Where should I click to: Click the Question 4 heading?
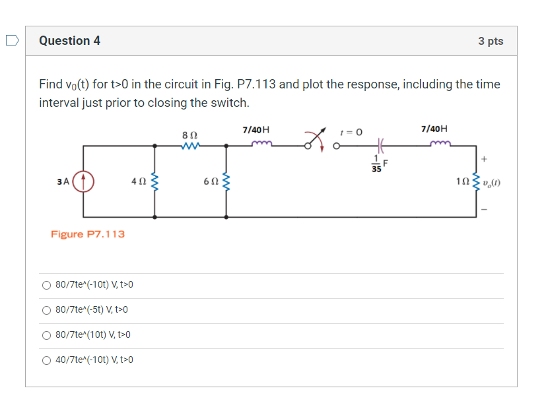(x=69, y=41)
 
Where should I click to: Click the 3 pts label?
(x=491, y=41)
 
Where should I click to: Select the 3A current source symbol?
(x=83, y=181)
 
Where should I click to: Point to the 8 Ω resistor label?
(x=190, y=135)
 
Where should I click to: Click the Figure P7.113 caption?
(x=88, y=234)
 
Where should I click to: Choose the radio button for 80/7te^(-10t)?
(x=46, y=285)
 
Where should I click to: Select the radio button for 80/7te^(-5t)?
(x=46, y=310)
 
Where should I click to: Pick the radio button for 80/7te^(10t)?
(x=46, y=335)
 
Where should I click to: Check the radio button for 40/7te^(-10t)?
(x=46, y=360)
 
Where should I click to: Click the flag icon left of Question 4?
(x=11, y=41)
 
